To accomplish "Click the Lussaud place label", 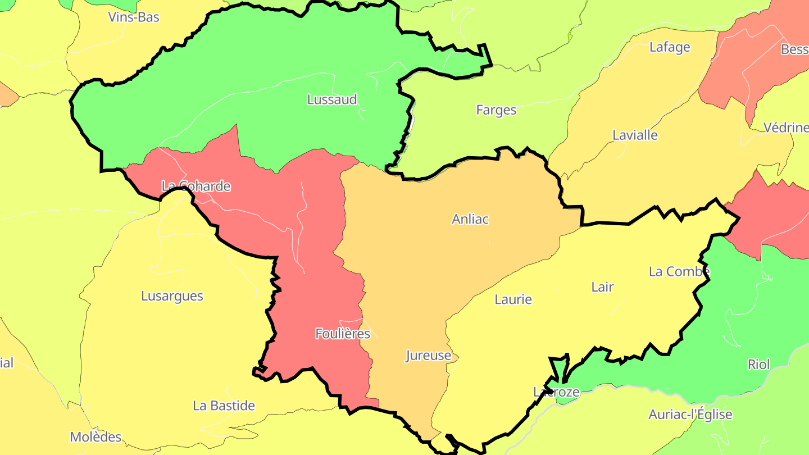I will [332, 99].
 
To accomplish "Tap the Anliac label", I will [470, 219].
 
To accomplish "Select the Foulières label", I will [343, 334].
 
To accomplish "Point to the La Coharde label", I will [196, 186].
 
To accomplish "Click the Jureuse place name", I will [429, 356].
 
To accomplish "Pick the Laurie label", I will [513, 299].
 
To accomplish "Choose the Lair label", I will [602, 287].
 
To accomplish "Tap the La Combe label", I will [679, 271].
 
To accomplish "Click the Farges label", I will [496, 110].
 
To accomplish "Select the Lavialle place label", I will [635, 135].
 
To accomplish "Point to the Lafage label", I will [670, 47].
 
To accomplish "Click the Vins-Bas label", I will [134, 17].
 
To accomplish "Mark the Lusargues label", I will [172, 296].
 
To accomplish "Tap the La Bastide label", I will [224, 406].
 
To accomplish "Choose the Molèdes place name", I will [96, 436].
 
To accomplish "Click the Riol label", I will [758, 365].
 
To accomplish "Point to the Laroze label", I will [556, 392].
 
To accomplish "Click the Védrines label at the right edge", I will [786, 128].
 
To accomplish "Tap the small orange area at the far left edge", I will [7, 95].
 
